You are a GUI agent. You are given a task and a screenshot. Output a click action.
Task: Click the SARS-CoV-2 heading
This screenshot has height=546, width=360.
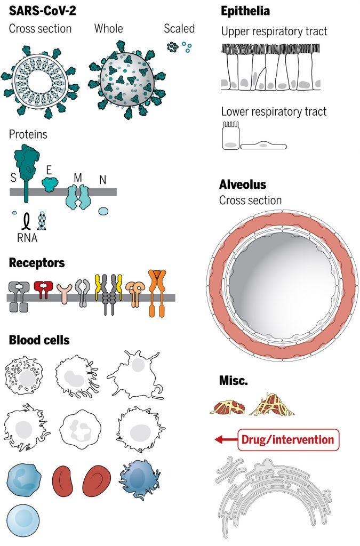click(x=42, y=11)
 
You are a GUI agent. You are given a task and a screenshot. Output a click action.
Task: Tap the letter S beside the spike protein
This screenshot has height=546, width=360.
click(x=13, y=178)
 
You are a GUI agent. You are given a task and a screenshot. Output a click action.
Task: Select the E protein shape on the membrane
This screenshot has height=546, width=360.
click(x=50, y=184)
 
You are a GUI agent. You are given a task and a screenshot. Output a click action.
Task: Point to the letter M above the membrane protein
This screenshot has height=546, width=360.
click(x=78, y=178)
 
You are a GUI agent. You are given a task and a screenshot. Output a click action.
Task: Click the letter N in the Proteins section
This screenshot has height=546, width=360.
click(x=102, y=180)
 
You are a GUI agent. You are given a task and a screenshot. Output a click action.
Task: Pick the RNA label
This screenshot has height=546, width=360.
click(x=27, y=238)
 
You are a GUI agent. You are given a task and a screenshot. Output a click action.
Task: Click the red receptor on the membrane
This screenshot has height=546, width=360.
click(x=44, y=290)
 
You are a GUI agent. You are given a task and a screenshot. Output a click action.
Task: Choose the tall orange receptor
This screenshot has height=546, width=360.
click(x=157, y=293)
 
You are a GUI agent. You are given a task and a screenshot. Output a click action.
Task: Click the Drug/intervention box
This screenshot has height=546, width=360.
click(x=289, y=440)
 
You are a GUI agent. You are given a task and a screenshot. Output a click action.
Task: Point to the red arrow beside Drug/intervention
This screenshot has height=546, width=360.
click(x=226, y=440)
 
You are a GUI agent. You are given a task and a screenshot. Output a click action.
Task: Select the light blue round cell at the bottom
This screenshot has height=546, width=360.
click(x=23, y=521)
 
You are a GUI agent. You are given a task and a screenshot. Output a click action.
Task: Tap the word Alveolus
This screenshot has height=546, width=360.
click(x=243, y=184)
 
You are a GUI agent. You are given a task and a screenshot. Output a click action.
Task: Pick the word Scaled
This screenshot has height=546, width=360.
click(x=179, y=29)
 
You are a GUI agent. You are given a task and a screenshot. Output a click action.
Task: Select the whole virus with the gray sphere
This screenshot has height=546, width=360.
click(x=127, y=79)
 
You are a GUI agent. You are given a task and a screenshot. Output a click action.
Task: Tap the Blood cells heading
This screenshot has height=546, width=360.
click(x=39, y=340)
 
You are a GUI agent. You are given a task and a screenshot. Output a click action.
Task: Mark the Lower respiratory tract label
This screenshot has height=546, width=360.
click(x=274, y=111)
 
